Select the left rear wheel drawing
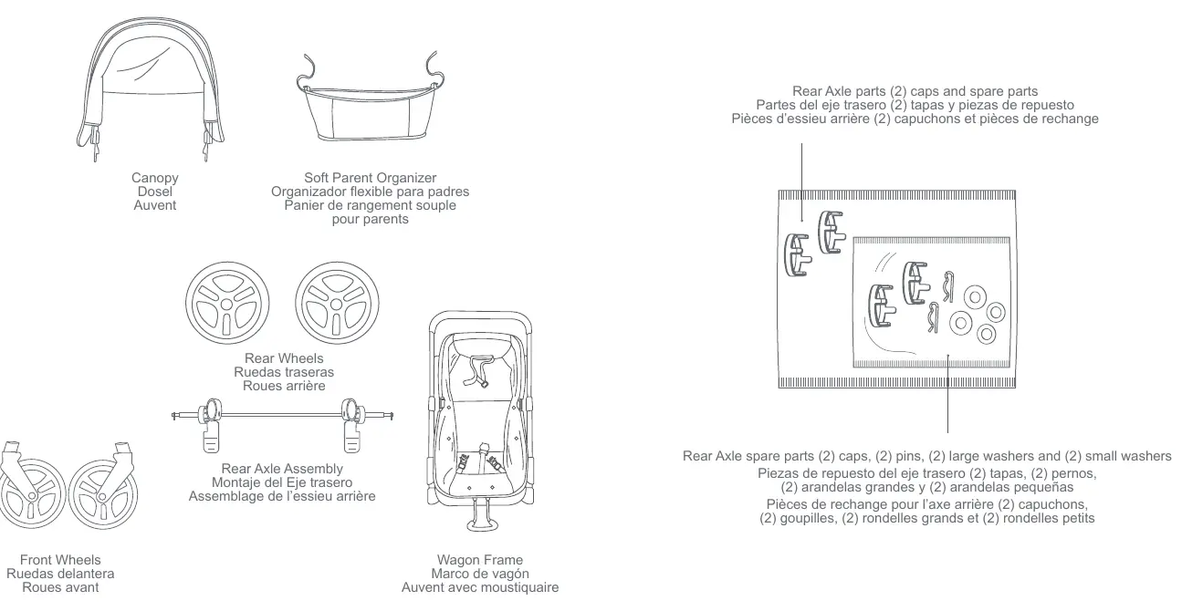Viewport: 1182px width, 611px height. pos(227,303)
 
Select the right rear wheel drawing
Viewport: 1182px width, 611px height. pos(337,303)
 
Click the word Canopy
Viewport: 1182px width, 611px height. pos(154,178)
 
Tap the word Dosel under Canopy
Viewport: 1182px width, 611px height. pos(154,192)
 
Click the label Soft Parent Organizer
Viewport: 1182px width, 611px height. pos(370,178)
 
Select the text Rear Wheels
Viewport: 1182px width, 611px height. pos(284,358)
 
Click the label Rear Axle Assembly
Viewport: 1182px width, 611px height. pos(282,469)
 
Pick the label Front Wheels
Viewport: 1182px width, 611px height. pos(60,560)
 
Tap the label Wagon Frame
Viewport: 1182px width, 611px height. pos(480,560)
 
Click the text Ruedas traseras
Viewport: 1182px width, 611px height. pos(284,372)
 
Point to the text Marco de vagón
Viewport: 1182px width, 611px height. pos(480,574)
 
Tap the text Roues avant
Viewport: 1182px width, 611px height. pos(60,587)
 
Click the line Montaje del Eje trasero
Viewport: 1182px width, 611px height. pos(282,482)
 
